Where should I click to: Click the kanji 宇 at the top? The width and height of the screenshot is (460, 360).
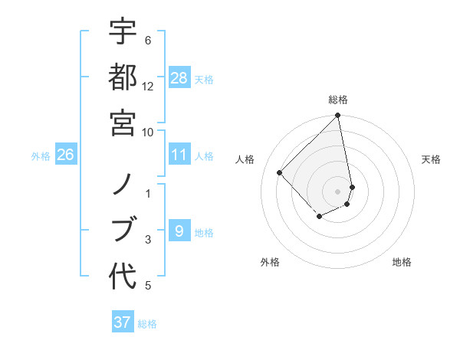pos(123,32)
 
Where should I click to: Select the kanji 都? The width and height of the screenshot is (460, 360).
pos(123,77)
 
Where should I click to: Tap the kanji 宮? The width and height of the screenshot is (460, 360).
pos(123,121)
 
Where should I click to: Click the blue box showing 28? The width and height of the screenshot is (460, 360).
pos(179,78)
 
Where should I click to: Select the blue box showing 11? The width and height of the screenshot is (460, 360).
pos(179,155)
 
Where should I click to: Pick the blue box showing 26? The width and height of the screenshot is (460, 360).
pos(65,155)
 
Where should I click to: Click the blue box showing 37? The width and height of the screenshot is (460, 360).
pos(123,322)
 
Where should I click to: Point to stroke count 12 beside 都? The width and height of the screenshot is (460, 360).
pos(148,87)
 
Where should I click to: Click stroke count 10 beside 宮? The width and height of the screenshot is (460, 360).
pos(148,132)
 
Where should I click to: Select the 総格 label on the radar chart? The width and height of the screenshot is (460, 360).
pos(338,100)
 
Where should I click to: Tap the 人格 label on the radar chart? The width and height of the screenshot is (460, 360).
pos(245,159)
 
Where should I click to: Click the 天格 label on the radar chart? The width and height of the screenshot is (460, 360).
pos(431,159)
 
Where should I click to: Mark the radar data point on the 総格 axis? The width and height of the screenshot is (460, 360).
pos(338,116)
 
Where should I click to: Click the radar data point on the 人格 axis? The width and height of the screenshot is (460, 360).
pos(280,172)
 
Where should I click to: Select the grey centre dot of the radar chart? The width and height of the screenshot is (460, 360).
pos(338,191)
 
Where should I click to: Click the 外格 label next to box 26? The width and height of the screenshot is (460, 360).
pos(41,156)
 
